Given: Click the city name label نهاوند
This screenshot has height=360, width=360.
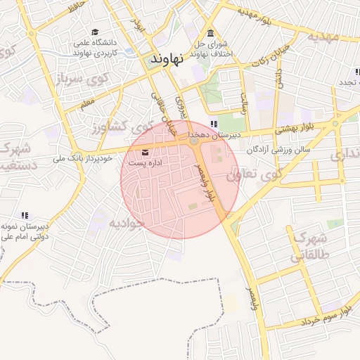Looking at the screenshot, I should [167, 59].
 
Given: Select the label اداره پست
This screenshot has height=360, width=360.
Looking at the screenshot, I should [147, 162].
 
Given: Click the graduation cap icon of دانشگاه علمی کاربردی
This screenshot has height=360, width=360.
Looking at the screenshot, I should [95, 32].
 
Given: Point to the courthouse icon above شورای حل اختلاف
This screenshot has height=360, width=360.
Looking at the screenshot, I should [210, 33].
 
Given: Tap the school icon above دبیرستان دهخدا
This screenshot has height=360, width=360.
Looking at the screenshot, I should [194, 124].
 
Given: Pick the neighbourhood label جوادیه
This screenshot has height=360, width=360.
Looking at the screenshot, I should [126, 223].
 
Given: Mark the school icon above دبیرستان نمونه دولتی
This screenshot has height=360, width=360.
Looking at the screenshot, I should [25, 215].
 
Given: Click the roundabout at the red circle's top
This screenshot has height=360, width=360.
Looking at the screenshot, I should [193, 141].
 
